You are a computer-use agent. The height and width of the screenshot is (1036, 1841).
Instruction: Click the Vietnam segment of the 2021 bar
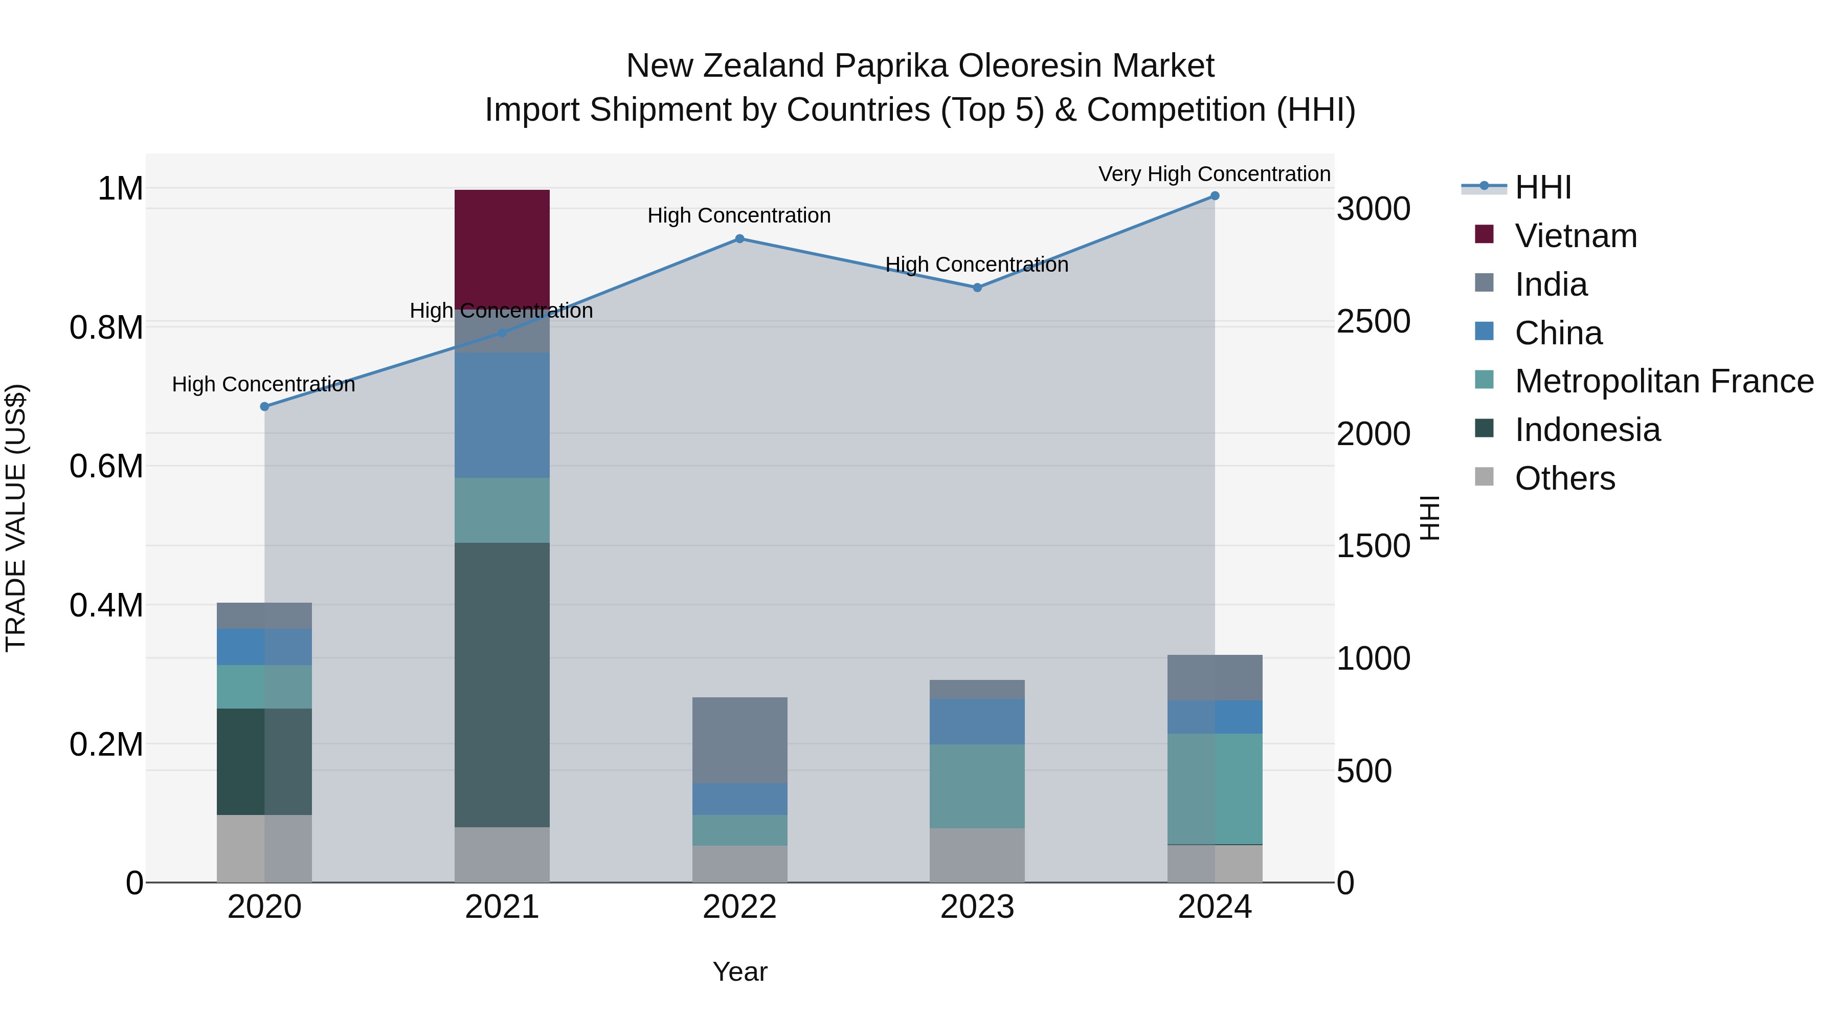coord(502,249)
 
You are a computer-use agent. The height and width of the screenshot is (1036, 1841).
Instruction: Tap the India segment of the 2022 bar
coord(739,740)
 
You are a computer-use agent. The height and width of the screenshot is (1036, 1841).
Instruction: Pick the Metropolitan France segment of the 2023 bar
coord(977,786)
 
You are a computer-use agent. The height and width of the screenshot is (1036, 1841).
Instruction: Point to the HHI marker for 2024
coord(1214,196)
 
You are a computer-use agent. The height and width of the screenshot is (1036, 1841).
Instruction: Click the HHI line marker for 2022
coord(739,239)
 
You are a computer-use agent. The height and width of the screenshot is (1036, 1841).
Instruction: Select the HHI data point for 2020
coord(264,406)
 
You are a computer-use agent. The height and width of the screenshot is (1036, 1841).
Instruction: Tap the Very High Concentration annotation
coord(1214,174)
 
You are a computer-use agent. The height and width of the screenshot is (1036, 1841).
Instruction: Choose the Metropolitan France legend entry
coord(1664,381)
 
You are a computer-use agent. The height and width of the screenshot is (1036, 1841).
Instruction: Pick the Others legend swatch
coord(1485,477)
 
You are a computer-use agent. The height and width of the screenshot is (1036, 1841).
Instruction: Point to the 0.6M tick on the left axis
coord(106,466)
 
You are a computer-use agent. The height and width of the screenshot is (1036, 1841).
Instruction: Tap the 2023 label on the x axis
coord(977,907)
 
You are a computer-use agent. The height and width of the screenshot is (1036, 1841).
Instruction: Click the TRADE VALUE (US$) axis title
coord(16,518)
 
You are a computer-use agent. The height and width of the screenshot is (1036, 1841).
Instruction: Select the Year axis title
coord(739,972)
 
